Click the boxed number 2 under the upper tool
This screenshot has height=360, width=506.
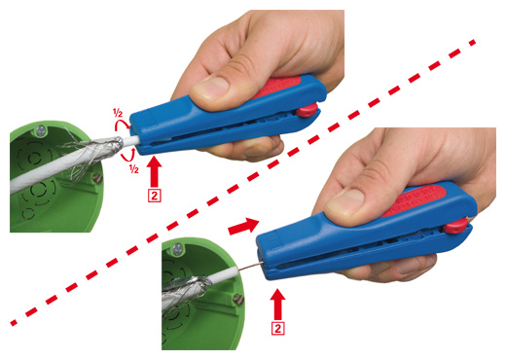(155, 196)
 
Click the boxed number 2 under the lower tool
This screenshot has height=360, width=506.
(278, 329)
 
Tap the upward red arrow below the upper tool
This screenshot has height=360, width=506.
(155, 171)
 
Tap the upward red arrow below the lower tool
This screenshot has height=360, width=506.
(278, 305)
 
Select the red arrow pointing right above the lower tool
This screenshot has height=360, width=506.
(243, 225)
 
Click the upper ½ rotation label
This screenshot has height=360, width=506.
(118, 113)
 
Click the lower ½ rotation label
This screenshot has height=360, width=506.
(134, 168)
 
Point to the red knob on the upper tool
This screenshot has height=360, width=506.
(307, 110)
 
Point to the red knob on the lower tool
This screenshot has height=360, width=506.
(455, 226)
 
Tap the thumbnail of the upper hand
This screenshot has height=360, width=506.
(210, 88)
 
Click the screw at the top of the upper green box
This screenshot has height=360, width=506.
(41, 131)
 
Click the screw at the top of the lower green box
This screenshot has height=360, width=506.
(178, 249)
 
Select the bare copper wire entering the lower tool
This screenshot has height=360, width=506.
(250, 267)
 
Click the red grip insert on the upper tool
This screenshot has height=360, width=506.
(278, 87)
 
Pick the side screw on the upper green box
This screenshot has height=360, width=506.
(97, 178)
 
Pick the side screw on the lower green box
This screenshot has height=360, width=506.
(238, 299)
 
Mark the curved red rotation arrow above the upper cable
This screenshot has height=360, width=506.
(123, 125)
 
